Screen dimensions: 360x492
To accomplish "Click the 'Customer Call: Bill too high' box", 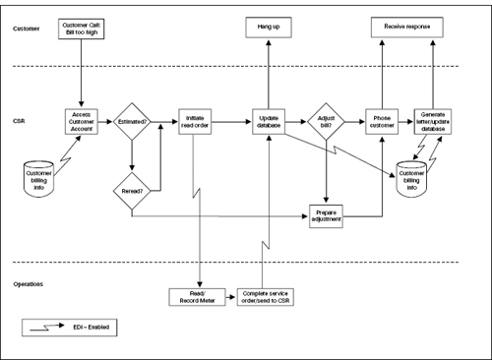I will (79, 28).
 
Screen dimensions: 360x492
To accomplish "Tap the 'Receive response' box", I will (402, 28).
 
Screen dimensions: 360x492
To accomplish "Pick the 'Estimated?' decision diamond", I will (131, 122).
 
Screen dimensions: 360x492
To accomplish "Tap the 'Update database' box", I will (269, 122).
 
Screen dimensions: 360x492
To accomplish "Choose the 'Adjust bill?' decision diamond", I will (327, 122).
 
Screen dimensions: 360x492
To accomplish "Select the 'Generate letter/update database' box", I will (434, 122).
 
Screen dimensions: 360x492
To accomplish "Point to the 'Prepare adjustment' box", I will (327, 216).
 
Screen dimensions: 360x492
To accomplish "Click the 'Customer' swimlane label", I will (28, 29).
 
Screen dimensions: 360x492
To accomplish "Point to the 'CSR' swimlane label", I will (20, 123).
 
